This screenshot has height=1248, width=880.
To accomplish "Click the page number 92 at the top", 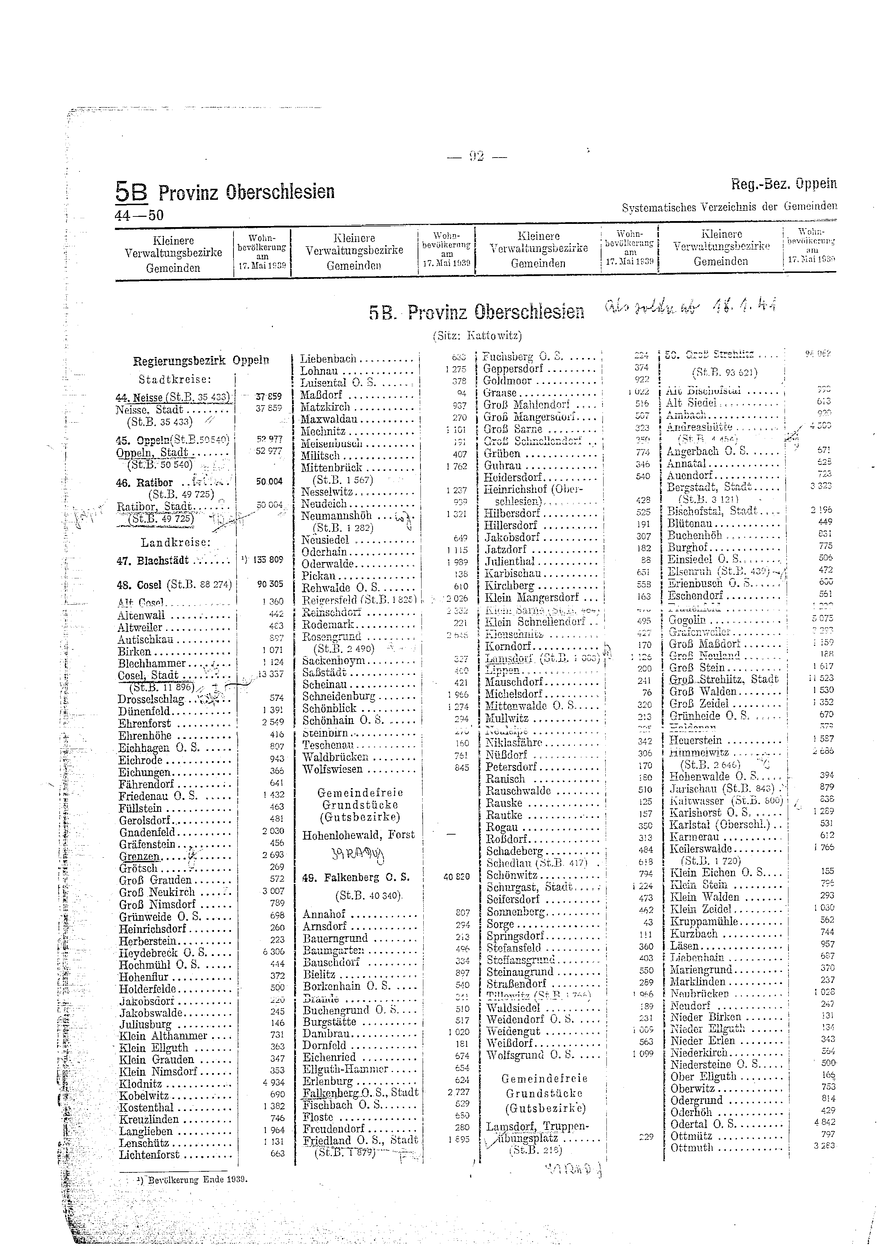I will pyautogui.click(x=476, y=157).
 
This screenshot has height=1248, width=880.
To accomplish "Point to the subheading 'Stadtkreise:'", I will pyautogui.click(x=175, y=379).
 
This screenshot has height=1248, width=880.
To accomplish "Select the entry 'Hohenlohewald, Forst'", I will pyautogui.click(x=358, y=835).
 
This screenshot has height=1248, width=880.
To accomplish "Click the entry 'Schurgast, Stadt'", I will pyautogui.click(x=529, y=887).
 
